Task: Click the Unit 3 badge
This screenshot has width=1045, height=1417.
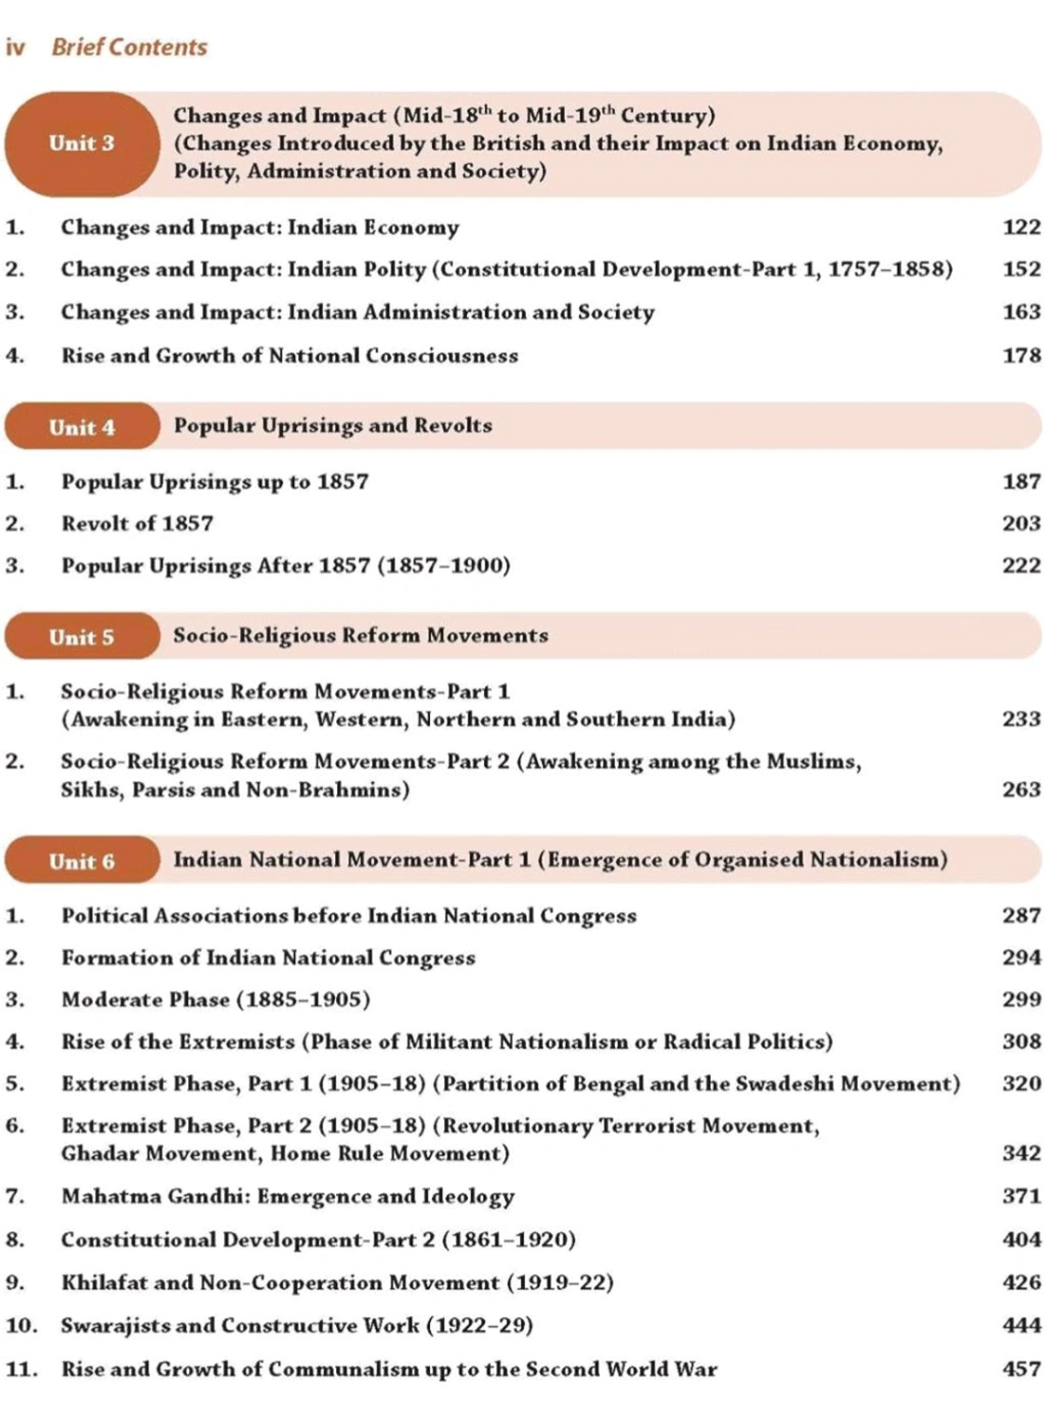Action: pyautogui.click(x=82, y=144)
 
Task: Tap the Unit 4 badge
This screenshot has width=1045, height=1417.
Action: pyautogui.click(x=82, y=428)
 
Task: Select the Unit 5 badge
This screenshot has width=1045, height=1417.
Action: pyautogui.click(x=82, y=637)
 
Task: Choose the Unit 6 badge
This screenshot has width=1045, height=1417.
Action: pyautogui.click(x=82, y=861)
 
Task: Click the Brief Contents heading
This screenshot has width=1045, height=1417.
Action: pyautogui.click(x=129, y=47)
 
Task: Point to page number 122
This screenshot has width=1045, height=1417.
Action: pyautogui.click(x=1021, y=227)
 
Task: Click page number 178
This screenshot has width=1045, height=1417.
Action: pyautogui.click(x=1021, y=355)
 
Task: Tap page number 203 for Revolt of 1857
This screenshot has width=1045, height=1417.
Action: pyautogui.click(x=1021, y=523)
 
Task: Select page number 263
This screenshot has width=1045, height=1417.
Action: pyautogui.click(x=1021, y=789)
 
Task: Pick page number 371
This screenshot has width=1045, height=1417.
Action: pyautogui.click(x=1021, y=1196)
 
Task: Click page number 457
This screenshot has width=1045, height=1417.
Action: pyautogui.click(x=1021, y=1369)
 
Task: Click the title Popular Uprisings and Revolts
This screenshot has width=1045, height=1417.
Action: pyautogui.click(x=333, y=426)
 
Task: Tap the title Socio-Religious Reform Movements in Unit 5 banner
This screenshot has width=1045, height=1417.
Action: pyautogui.click(x=361, y=636)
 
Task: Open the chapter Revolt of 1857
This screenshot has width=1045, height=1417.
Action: pyautogui.click(x=137, y=523)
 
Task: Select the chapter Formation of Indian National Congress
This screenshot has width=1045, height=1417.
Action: pyautogui.click(x=268, y=958)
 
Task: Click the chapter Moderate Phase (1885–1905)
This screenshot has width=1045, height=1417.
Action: pyautogui.click(x=215, y=1000)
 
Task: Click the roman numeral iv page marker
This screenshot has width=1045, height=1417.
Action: pyautogui.click(x=15, y=47)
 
